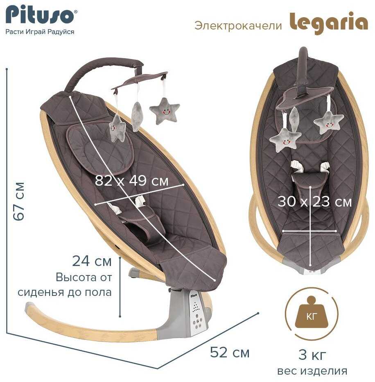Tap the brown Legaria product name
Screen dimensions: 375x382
(328, 23)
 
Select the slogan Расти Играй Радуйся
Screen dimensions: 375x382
(40, 32)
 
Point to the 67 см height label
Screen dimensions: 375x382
(19, 201)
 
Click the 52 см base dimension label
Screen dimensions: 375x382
(230, 352)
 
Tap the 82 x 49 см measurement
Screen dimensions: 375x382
(132, 181)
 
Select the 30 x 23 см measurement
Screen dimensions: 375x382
(314, 202)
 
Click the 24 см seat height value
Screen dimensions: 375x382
(92, 261)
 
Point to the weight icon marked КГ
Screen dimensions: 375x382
(312, 313)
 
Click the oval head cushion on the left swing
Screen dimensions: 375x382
(100, 149)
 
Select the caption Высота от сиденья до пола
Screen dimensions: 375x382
(65, 284)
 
